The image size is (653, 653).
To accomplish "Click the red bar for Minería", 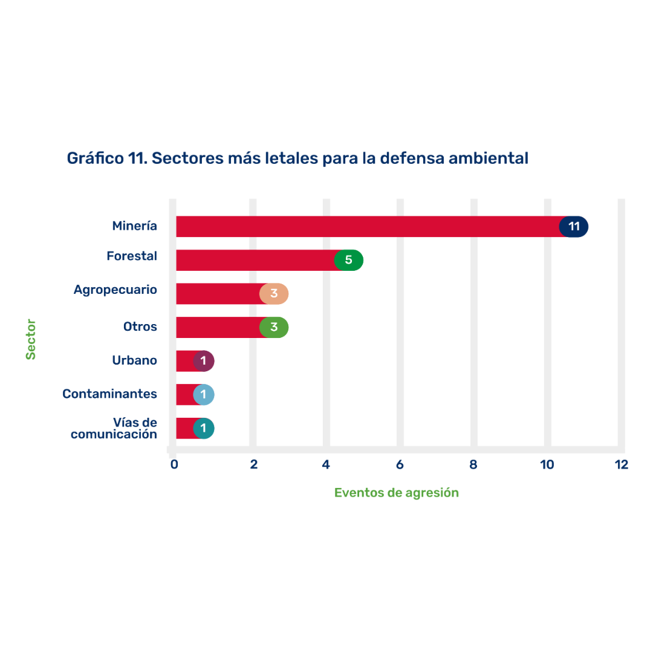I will coord(363,227).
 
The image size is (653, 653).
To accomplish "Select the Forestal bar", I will coord(254,261).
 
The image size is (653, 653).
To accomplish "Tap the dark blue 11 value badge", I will coord(574,227).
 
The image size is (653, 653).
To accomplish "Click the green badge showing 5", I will coord(349,261).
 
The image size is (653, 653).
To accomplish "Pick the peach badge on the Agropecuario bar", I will coord(274,294).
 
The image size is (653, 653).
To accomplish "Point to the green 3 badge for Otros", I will coord(274,328).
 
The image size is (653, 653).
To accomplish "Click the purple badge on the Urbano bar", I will coord(204,361).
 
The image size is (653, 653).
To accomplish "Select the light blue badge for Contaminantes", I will coord(204,395).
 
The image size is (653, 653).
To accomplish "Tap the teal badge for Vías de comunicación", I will coord(204,429).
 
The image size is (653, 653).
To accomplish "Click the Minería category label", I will coord(134,226).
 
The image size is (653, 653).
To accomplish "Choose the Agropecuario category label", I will coord(115,290).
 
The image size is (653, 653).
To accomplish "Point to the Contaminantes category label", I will coord(109,394).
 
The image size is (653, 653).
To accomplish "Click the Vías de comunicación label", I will coord(114,428).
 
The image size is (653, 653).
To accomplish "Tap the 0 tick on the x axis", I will coord(174,465).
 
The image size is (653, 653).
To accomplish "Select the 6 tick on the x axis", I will coord(400,465).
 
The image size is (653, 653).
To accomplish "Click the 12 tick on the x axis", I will coord(621,465).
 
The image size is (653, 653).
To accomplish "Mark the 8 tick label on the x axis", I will coord(473,465).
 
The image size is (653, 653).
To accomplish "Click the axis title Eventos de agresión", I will coord(396,493).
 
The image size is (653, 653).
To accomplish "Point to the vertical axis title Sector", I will coord(31,339).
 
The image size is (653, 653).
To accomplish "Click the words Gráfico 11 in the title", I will coord(105,158).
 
